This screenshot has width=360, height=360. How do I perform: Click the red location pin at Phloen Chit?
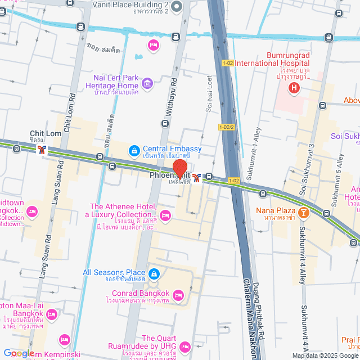pyautogui.click(x=179, y=168)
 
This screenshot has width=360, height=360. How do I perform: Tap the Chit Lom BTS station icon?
pyautogui.click(x=42, y=149)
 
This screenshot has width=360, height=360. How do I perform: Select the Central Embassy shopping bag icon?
pyautogui.click(x=134, y=150)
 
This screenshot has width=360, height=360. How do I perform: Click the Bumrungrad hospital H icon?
pyautogui.click(x=293, y=88)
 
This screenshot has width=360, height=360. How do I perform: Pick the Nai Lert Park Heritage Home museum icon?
pyautogui.click(x=147, y=84)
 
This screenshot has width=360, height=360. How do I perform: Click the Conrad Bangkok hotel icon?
pyautogui.click(x=178, y=295)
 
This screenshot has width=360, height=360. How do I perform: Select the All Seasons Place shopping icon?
pyautogui.click(x=155, y=274)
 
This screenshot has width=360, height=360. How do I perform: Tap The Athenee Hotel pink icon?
pyautogui.click(x=165, y=215)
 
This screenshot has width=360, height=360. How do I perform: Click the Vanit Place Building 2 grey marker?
pyautogui.click(x=177, y=7)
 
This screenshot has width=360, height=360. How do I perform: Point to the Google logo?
pyautogui.click(x=18, y=353)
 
